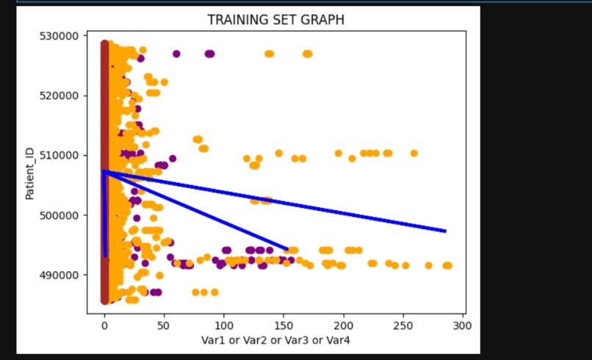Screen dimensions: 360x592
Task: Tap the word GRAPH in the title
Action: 322,20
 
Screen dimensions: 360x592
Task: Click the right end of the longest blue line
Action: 445,231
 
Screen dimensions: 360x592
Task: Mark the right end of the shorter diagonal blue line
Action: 286,249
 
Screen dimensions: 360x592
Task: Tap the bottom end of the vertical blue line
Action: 106,256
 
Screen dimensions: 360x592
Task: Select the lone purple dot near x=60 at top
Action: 176,54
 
